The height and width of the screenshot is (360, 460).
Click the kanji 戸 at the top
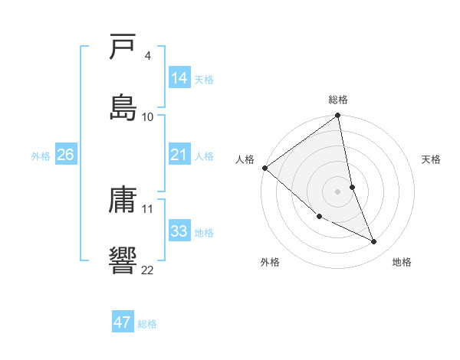click(124, 47)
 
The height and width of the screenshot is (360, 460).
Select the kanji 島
click(124, 106)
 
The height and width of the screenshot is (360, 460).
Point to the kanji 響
click(124, 259)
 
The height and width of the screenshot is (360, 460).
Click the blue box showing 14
click(179, 77)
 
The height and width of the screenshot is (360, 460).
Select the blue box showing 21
click(179, 155)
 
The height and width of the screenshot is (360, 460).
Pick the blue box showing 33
click(179, 231)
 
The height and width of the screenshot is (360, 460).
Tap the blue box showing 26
click(66, 155)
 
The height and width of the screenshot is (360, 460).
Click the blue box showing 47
click(123, 322)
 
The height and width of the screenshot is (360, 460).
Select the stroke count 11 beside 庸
click(148, 208)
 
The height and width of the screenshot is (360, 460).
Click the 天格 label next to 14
click(204, 79)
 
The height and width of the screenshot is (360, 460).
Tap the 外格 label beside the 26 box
click(41, 155)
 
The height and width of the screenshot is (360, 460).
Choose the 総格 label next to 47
click(147, 324)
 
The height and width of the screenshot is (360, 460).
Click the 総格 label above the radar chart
click(338, 100)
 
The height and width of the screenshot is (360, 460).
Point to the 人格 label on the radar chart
click(245, 159)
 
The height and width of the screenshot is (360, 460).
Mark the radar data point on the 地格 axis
click(374, 242)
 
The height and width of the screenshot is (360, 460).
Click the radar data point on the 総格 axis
click(338, 116)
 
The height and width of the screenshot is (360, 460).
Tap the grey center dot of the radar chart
click(338, 191)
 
